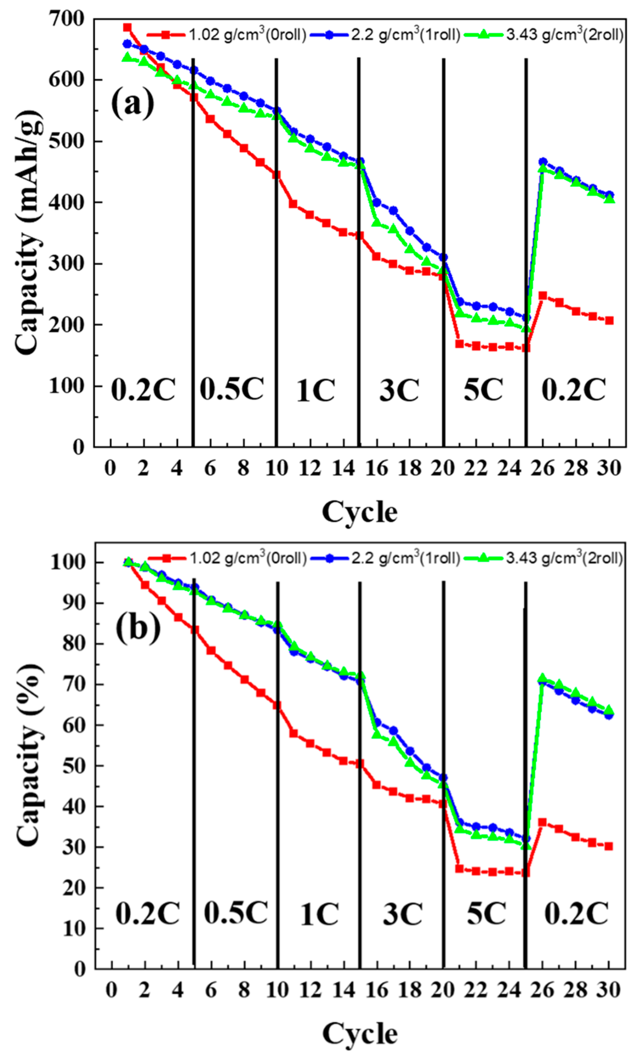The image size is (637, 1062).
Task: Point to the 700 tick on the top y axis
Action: tap(67, 19)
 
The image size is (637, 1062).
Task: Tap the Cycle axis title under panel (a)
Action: tap(360, 512)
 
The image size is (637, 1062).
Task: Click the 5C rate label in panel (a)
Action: tap(483, 390)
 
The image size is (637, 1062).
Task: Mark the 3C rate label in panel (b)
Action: tap(402, 914)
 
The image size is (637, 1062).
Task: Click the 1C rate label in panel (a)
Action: tap(316, 391)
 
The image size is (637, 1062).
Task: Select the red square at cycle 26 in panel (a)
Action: tap(543, 296)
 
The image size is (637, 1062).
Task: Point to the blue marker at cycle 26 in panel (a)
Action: tap(543, 162)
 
